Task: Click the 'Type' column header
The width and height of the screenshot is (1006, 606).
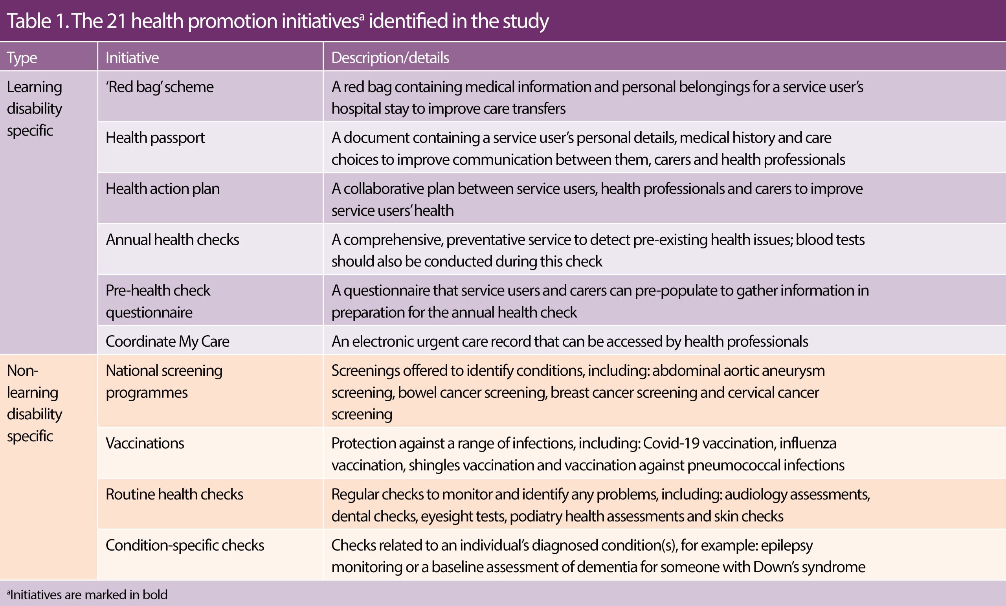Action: (22, 58)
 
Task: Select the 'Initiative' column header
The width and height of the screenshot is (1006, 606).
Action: (132, 58)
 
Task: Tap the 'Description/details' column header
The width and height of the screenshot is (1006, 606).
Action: (390, 58)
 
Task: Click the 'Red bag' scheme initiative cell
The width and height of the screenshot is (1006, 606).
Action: (160, 87)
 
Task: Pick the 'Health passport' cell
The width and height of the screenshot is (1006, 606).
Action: (155, 138)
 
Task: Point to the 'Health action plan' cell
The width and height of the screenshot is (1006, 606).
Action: (163, 189)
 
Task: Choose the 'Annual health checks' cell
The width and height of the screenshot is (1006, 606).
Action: (172, 240)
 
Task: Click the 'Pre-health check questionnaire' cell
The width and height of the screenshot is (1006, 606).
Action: (158, 301)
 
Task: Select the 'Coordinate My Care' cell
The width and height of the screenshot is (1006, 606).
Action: (167, 342)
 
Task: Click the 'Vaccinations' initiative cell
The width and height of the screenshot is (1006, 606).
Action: (145, 443)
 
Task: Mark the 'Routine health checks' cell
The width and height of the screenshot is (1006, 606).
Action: (174, 494)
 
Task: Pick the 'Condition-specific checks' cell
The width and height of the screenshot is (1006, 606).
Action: (185, 545)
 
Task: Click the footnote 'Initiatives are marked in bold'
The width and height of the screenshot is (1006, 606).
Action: (88, 595)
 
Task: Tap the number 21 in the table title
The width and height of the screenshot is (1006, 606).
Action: (116, 21)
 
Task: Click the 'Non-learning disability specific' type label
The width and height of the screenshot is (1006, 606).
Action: (35, 403)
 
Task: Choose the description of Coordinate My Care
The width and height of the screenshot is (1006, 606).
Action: (569, 342)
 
